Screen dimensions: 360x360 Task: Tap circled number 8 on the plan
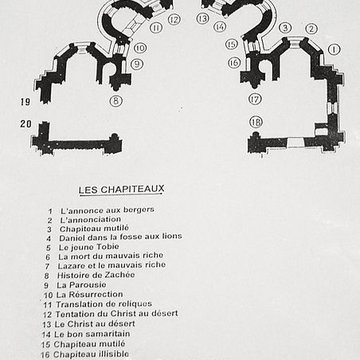[116, 100]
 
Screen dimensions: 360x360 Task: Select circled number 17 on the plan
[255, 99]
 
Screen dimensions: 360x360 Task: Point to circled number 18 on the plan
[255, 122]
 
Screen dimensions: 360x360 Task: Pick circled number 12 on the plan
[173, 18]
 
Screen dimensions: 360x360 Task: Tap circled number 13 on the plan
[203, 18]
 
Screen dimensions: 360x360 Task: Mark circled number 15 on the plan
[233, 45]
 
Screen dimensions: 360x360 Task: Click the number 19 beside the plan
[24, 103]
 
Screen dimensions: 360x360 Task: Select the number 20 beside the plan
[24, 124]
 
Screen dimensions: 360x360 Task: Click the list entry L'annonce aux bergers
[99, 212]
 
